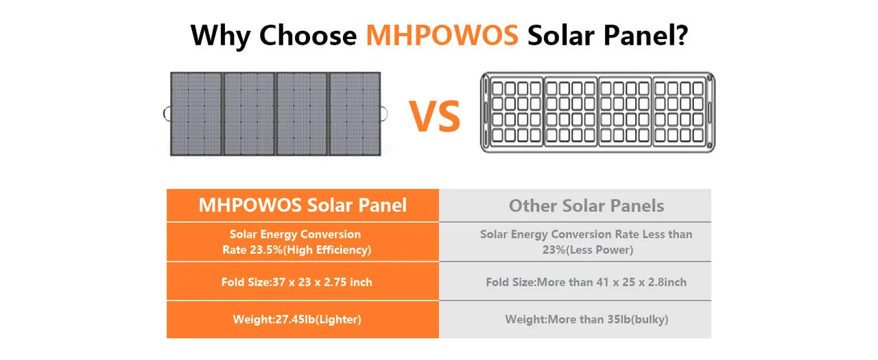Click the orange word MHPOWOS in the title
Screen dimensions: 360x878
(442, 35)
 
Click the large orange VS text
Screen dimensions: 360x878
(435, 117)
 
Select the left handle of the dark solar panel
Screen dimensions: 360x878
(167, 113)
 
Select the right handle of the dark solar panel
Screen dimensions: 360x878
(384, 113)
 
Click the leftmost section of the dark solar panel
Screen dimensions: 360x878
(196, 113)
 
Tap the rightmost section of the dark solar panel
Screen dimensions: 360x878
(355, 113)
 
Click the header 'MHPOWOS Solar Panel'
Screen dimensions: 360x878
(302, 205)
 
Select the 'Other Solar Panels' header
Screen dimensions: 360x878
(586, 206)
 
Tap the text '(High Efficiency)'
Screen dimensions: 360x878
(327, 250)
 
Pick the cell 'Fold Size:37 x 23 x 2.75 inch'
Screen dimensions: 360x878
(296, 282)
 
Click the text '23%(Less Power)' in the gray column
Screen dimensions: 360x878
(587, 250)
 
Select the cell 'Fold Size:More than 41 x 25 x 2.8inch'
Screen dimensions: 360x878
(586, 282)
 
